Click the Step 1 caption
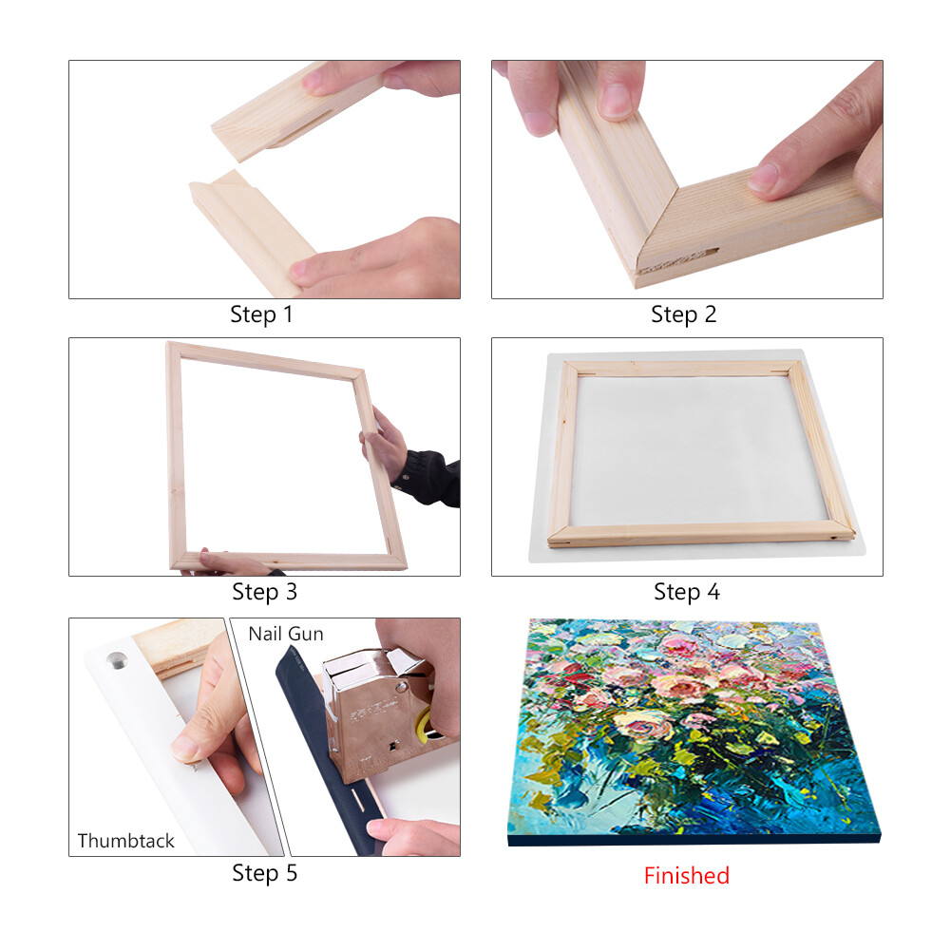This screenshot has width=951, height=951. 261,314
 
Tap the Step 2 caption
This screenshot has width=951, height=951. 683,314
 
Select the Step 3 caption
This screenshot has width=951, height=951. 264,592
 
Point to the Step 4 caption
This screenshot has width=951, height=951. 687,592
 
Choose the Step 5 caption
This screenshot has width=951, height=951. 264,873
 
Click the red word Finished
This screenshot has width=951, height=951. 687,876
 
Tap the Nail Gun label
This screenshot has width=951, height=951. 286,634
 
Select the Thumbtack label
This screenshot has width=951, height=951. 125,841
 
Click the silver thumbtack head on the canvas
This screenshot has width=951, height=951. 117,660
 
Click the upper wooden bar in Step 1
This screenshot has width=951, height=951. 297,112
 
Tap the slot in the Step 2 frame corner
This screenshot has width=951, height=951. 679,259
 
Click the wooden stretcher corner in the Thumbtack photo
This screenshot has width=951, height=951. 176,646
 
